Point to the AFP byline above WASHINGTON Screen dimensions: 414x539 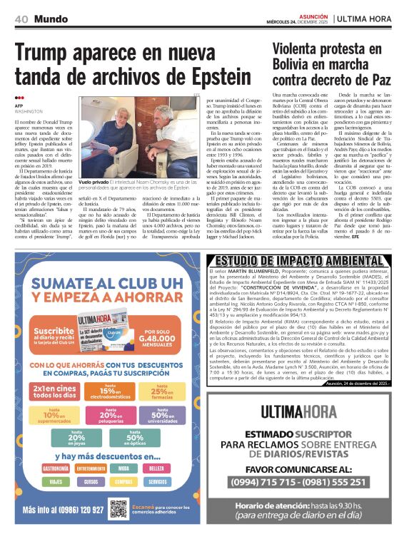19,106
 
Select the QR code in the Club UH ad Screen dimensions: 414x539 118,509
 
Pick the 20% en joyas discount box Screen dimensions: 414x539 76,438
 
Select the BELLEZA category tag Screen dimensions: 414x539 156,468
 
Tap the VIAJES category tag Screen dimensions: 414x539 55,482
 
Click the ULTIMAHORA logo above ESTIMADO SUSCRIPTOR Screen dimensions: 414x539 308,411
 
